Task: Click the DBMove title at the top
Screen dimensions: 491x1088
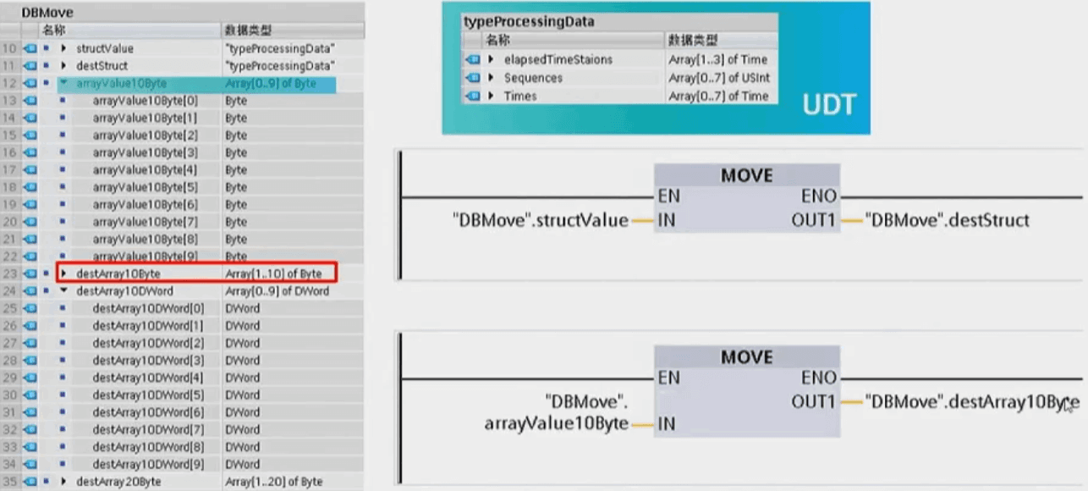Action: tap(47, 13)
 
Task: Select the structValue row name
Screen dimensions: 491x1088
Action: tap(105, 48)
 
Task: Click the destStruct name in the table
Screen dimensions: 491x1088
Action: tap(102, 65)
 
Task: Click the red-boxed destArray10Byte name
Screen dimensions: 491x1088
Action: tap(118, 273)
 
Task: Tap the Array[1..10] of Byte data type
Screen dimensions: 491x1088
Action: tap(272, 273)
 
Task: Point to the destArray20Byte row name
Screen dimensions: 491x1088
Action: tap(118, 482)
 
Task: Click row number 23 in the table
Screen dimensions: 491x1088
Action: tap(10, 273)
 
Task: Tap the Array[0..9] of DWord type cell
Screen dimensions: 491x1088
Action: tap(277, 291)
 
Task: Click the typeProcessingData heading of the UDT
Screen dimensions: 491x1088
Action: tap(529, 22)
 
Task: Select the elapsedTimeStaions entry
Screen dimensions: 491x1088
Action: tap(558, 59)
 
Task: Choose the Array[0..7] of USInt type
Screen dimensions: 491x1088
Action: tap(718, 78)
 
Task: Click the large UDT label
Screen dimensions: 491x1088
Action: tap(828, 105)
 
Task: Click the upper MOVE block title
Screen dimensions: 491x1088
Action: tap(746, 175)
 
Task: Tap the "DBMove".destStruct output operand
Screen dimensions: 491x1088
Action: tap(948, 221)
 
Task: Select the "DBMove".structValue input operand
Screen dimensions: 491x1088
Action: tap(541, 221)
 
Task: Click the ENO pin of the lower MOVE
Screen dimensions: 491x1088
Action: tap(818, 378)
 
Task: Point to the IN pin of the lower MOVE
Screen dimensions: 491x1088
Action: tap(667, 423)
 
